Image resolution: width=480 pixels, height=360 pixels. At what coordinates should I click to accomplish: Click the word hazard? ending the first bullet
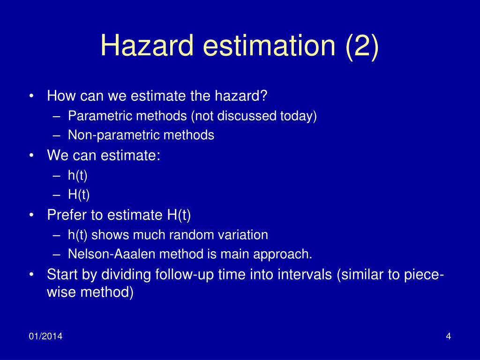pyautogui.click(x=241, y=96)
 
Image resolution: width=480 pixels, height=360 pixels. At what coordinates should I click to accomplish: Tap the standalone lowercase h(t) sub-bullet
pyautogui.click(x=78, y=175)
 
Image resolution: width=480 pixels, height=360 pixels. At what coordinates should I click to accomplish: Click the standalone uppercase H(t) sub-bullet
pyautogui.click(x=79, y=195)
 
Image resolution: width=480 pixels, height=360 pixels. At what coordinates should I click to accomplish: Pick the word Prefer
pyautogui.click(x=64, y=215)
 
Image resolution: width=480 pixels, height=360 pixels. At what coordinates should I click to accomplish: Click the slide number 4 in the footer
pyautogui.click(x=448, y=337)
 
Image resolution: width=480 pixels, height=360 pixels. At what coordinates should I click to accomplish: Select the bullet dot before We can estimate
pyautogui.click(x=31, y=156)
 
